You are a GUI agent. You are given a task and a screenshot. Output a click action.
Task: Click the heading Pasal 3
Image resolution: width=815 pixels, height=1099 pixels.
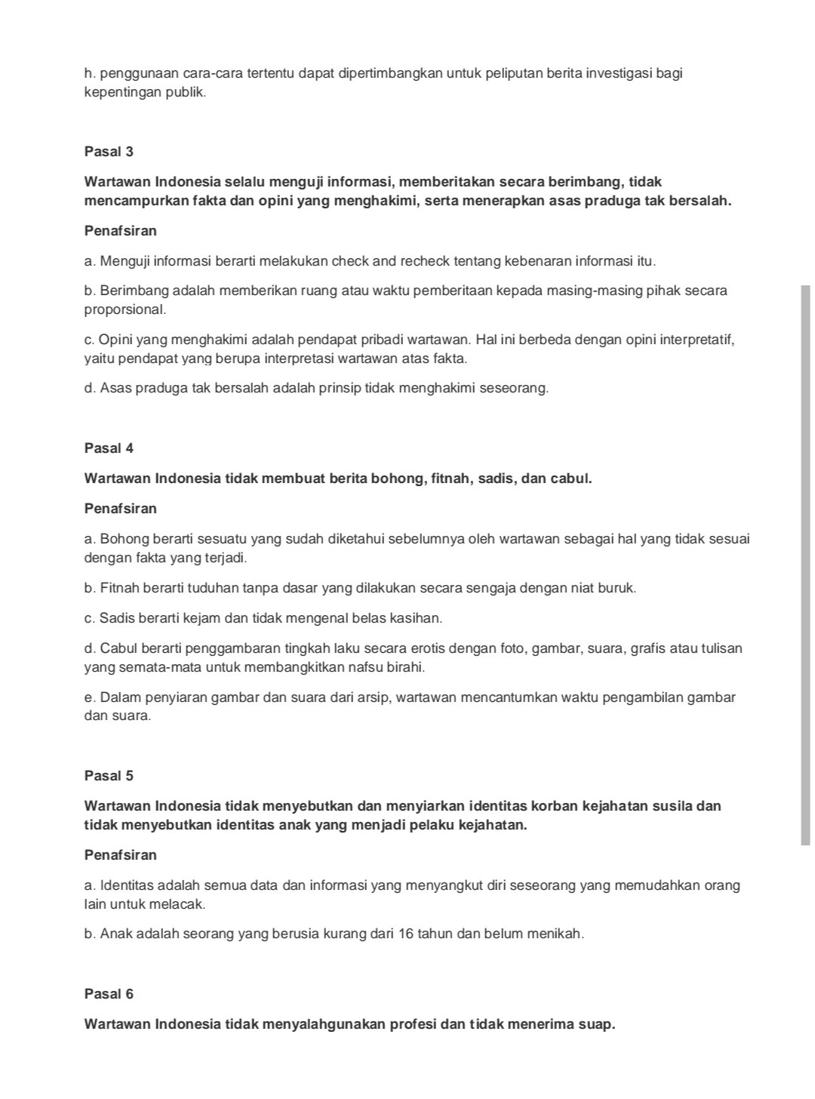pos(109,152)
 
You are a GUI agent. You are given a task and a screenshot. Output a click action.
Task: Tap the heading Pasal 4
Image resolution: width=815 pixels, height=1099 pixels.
pos(109,448)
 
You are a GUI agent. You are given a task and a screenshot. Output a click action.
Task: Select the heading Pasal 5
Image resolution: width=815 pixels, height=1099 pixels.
pos(109,776)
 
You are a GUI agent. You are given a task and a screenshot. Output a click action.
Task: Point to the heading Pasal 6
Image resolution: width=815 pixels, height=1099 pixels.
pos(109,994)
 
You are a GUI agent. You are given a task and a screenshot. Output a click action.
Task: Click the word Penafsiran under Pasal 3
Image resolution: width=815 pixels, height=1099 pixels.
pos(121,231)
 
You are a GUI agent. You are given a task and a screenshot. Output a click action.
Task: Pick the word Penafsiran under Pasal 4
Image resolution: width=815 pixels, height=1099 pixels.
pos(121,509)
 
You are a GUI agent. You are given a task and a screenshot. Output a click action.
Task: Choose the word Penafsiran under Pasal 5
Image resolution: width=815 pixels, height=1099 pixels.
pos(121,855)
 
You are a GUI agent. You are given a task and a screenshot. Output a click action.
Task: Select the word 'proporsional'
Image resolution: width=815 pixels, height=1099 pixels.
pos(124,309)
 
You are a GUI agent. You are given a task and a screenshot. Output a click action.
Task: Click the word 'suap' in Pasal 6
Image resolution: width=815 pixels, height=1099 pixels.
pos(598,1024)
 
